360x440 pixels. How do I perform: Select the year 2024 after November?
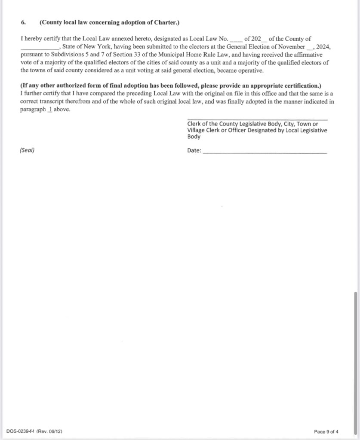[323, 46]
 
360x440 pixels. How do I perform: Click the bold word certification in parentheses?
[298, 86]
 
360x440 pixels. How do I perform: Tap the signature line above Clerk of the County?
[257, 120]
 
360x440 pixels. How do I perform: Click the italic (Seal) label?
[28, 150]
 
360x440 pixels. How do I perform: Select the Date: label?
[194, 150]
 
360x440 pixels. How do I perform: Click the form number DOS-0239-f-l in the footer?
[21, 431]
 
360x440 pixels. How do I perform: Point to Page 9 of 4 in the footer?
[326, 431]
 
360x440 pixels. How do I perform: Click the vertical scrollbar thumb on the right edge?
[355, 361]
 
